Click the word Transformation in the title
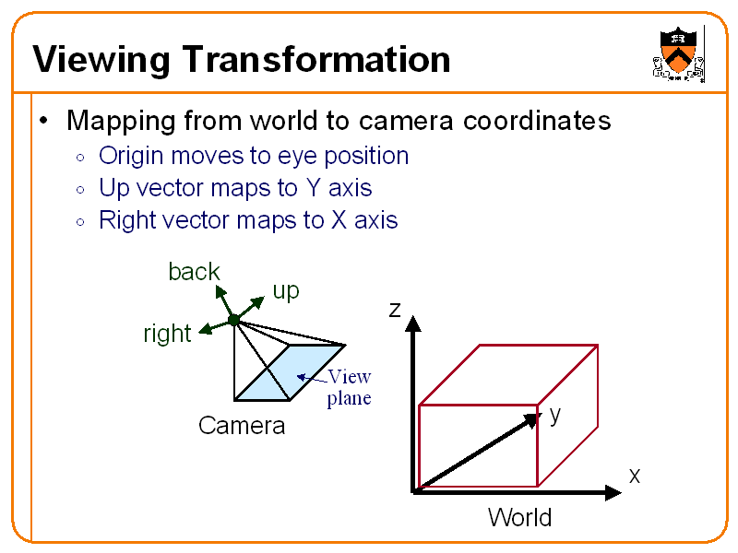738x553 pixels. pos(316,60)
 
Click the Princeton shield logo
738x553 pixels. pos(679,53)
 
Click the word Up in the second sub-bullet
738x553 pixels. pos(113,188)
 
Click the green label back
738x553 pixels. pos(194,271)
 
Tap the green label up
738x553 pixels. pos(286,291)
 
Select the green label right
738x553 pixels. pos(167,334)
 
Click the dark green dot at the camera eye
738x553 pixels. pos(234,320)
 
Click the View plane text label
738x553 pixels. pos(349,387)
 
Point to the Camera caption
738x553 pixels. pos(242,426)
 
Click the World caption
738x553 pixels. pos(520,518)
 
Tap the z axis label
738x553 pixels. pos(395,310)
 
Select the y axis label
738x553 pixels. pos(554,415)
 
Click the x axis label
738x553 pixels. pos(635,476)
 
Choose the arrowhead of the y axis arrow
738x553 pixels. pos(532,419)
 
